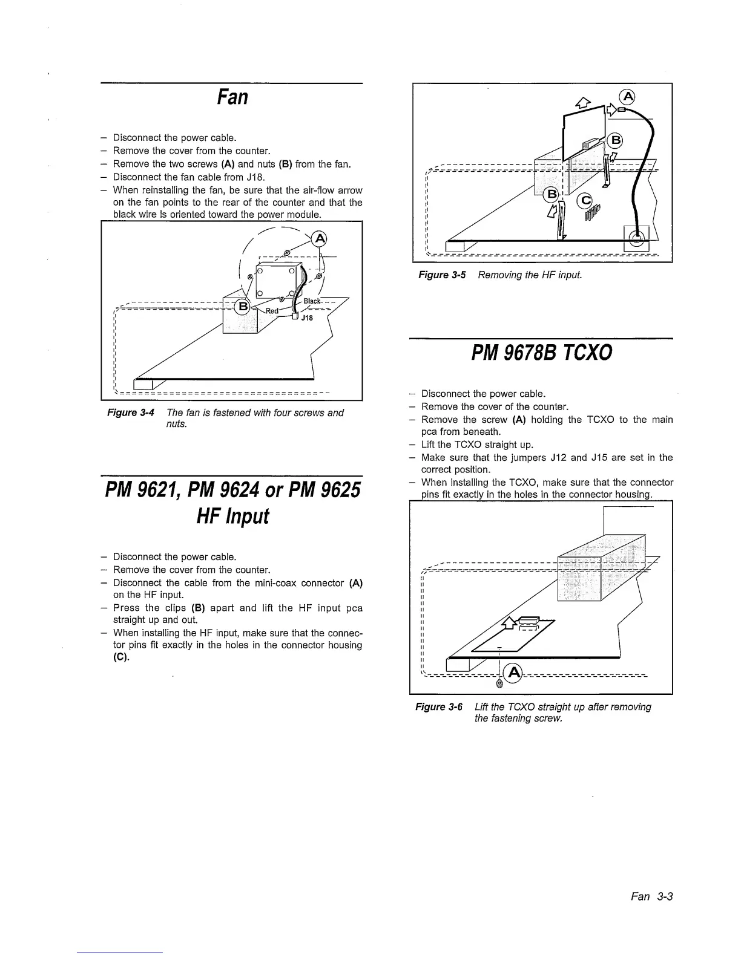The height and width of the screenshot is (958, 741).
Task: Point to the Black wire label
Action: (312, 301)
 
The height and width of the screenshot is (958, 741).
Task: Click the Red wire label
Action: (272, 311)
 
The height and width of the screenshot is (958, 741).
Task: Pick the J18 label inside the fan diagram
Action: (307, 318)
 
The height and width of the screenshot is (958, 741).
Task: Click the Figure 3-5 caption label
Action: (442, 275)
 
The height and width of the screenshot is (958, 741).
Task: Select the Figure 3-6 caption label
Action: (439, 706)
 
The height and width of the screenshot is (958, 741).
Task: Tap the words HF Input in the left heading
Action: (232, 516)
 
